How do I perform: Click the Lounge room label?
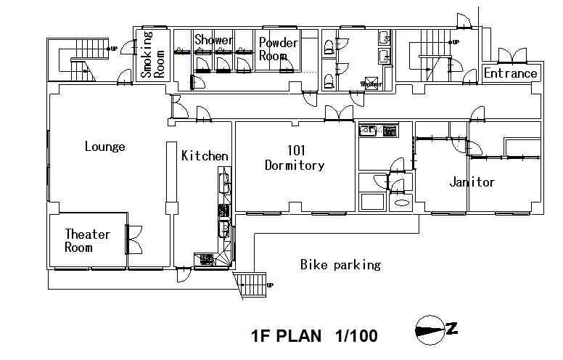tap(104, 147)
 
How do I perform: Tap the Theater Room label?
tap(87, 240)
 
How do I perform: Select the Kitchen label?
tap(205, 156)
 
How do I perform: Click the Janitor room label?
tap(472, 182)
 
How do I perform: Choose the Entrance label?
tap(511, 73)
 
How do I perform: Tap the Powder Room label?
tap(278, 49)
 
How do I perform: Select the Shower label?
tap(213, 40)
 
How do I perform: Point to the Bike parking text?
tap(340, 265)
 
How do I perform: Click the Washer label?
tap(371, 84)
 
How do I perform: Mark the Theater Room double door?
tap(133, 240)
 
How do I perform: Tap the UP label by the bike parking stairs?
tap(271, 285)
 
